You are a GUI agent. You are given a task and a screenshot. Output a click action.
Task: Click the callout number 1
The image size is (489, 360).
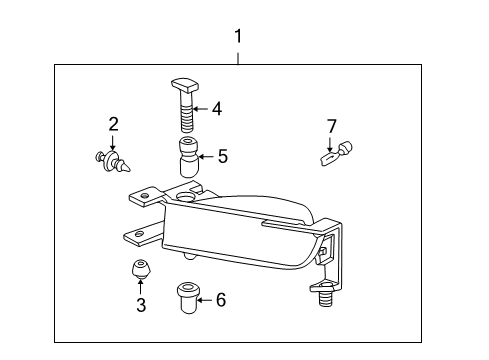coord(238,37)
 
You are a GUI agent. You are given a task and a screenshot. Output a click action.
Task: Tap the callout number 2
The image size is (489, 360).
coord(114,124)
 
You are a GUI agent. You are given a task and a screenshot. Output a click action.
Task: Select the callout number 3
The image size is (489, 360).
coord(141,305)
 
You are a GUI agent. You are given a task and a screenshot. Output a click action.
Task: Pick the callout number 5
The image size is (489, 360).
coord(222,156)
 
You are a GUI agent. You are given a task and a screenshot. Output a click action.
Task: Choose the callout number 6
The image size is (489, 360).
coord(220,298)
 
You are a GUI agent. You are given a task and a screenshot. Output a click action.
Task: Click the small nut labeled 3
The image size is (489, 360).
coord(140,269)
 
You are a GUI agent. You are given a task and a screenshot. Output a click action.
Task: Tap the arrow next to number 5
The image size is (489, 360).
coord(205,156)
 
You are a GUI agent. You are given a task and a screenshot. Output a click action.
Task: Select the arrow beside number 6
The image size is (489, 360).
coord(204,298)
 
